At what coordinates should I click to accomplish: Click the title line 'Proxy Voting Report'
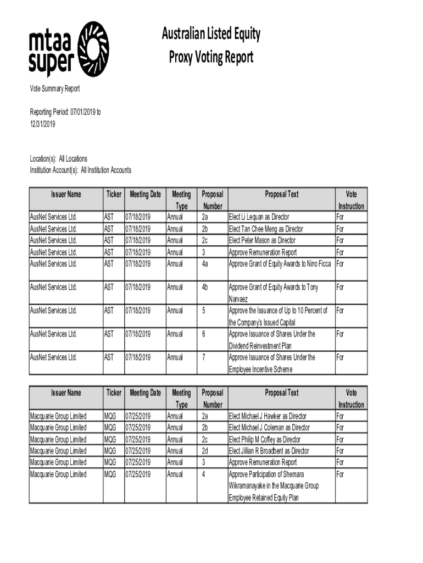click(210, 57)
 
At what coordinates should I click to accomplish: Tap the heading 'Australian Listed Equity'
click(210, 35)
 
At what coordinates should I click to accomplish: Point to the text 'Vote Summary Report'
click(54, 89)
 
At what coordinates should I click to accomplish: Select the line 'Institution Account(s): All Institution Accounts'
click(80, 170)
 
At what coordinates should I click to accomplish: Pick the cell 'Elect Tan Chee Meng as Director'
click(265, 229)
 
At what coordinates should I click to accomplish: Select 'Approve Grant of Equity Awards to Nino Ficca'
click(280, 264)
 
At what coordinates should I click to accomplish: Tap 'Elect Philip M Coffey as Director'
click(264, 439)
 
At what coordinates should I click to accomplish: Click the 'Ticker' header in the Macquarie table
click(114, 393)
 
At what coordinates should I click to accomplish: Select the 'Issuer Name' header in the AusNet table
click(66, 194)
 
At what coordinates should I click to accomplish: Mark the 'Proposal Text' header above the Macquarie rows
click(282, 393)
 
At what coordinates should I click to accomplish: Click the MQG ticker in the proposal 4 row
click(110, 474)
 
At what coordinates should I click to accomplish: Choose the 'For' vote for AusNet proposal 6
click(339, 334)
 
